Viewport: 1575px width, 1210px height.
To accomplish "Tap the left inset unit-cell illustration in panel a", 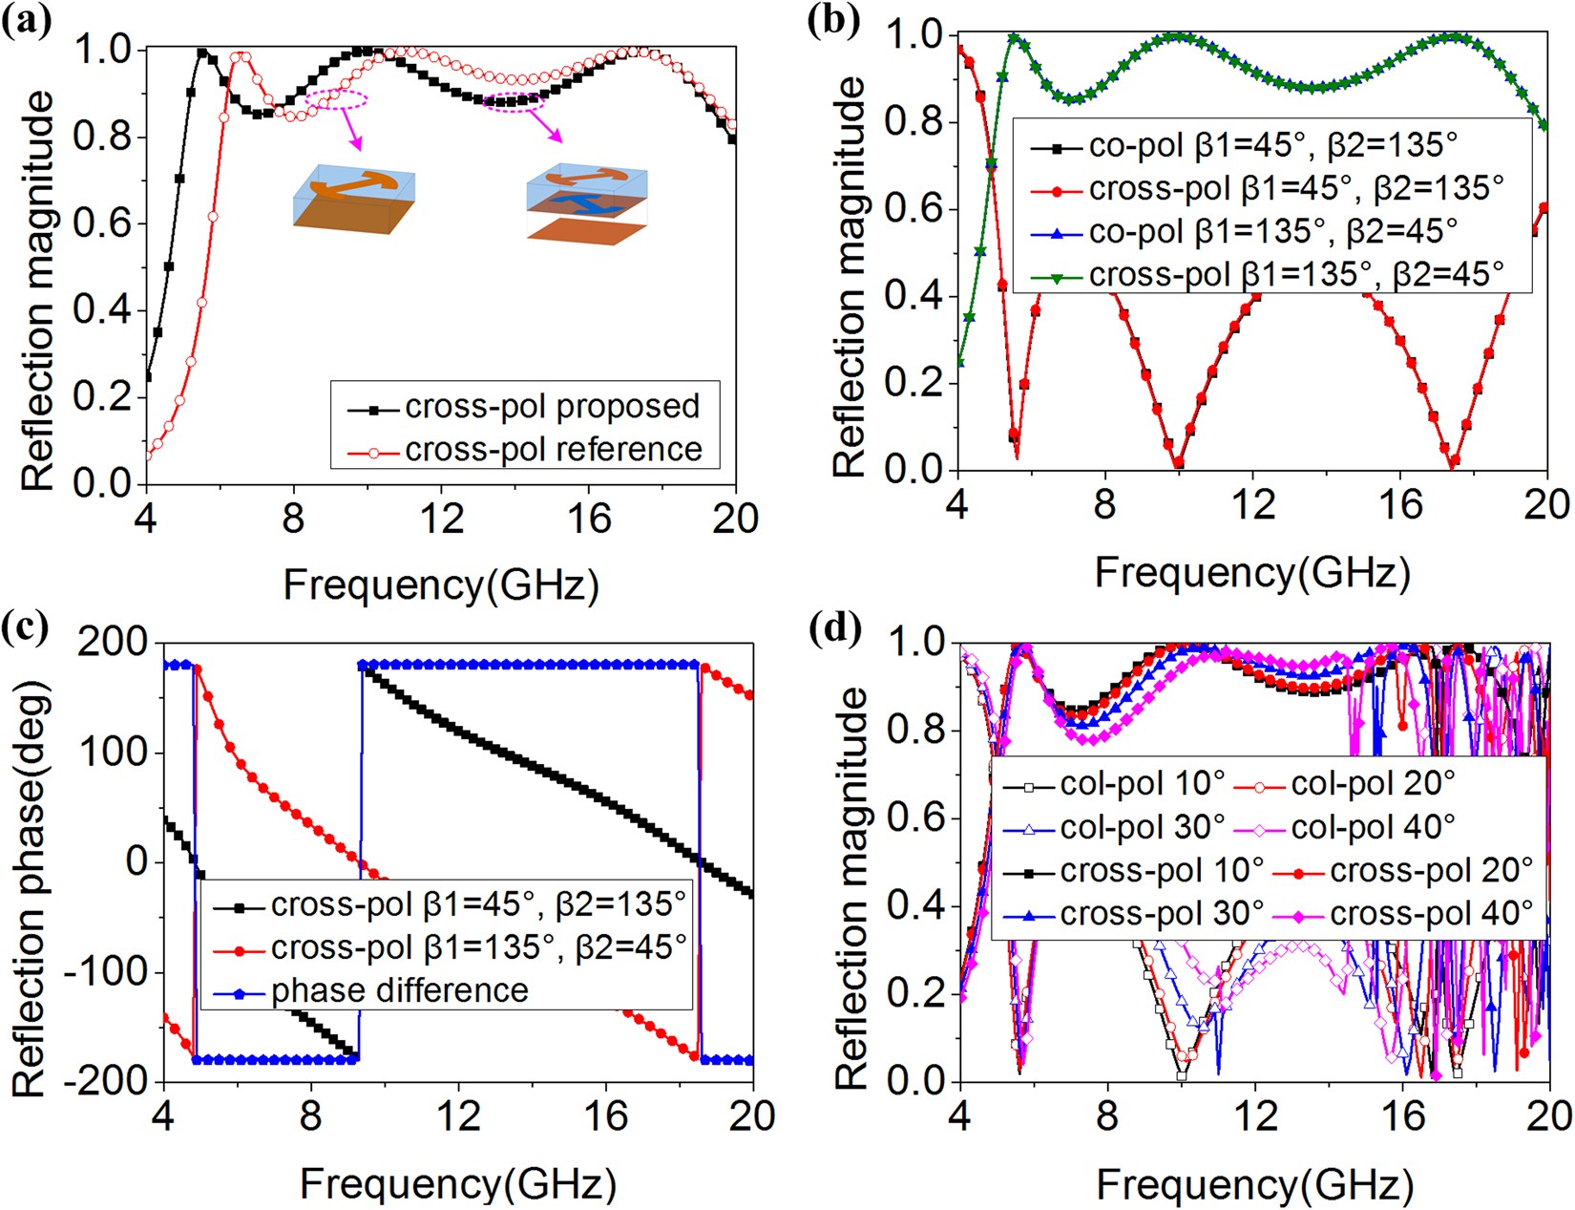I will (353, 201).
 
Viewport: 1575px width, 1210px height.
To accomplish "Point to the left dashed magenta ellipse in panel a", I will (336, 99).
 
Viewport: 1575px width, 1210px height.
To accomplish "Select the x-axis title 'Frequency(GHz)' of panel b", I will (1251, 573).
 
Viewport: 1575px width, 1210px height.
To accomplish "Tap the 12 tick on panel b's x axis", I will (1252, 504).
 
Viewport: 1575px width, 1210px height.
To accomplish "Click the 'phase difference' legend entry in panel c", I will (399, 991).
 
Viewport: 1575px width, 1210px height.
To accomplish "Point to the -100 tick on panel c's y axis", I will (106, 972).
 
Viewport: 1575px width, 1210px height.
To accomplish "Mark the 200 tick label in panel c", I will (112, 642).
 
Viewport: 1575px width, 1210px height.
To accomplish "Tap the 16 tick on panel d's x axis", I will (1401, 1115).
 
